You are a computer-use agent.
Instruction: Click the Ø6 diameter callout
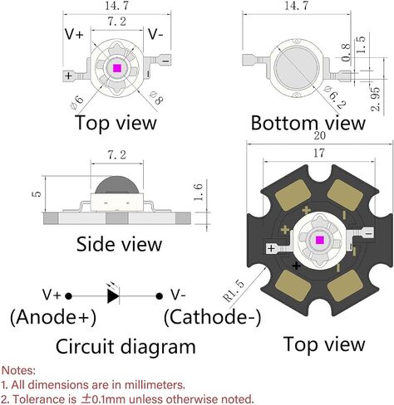pos(77,103)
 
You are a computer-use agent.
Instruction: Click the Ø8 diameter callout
pos(156,98)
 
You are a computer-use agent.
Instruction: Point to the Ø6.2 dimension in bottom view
pos(336,97)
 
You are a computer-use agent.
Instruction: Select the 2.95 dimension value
pos(376,99)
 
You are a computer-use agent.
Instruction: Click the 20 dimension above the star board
pos(319,136)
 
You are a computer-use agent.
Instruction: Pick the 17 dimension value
pos(319,153)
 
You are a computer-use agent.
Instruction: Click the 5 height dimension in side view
pos(37,193)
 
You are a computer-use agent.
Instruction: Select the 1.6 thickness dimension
pos(199,192)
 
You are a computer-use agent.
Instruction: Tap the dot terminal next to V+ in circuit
pos(68,296)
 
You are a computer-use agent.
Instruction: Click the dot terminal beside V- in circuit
pos(159,296)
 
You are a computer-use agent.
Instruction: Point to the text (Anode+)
pos(53,317)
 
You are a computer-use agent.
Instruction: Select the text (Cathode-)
pos(213,317)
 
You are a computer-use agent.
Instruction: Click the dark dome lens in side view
pos(117,185)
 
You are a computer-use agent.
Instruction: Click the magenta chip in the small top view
pos(117,68)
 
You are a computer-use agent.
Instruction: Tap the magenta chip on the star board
pos(319,240)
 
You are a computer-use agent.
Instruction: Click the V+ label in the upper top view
pos(74,34)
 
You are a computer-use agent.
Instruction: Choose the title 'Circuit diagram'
pos(126,347)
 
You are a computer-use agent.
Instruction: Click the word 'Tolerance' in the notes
pos(44,399)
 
